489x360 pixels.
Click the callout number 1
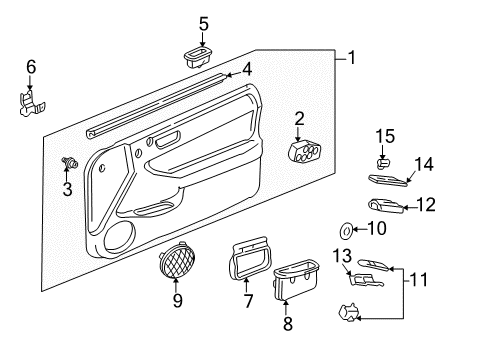pyautogui.click(x=350, y=59)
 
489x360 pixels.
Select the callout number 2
pyautogui.click(x=299, y=119)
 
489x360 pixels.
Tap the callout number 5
pyautogui.click(x=204, y=22)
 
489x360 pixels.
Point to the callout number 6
pyautogui.click(x=30, y=67)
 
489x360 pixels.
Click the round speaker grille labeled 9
pyautogui.click(x=178, y=263)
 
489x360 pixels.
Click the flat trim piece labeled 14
pyautogui.click(x=389, y=179)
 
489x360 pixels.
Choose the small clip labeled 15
pyautogui.click(x=381, y=160)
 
